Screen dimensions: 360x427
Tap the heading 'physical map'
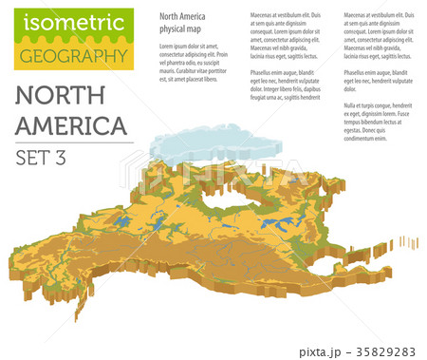179,29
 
